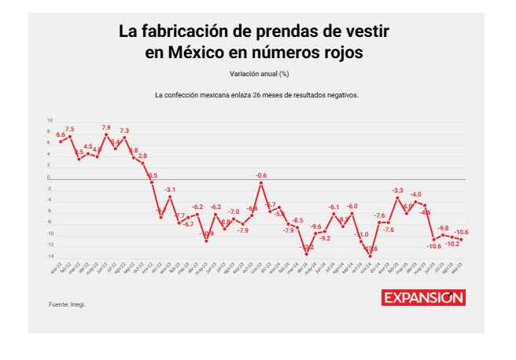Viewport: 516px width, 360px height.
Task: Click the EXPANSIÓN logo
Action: [424, 298]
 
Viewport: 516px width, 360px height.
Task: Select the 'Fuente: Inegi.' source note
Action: [67, 303]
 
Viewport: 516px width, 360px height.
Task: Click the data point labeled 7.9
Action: [106, 134]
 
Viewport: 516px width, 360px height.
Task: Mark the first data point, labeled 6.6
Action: [61, 141]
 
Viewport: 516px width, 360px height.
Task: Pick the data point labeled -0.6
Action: [261, 183]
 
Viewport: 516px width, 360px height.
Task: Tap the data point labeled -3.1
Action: [170, 197]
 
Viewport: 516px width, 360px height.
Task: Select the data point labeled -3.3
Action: [397, 198]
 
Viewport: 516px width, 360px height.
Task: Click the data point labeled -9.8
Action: [443, 234]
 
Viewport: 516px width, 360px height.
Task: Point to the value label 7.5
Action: [70, 129]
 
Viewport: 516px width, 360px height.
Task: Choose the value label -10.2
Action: [451, 244]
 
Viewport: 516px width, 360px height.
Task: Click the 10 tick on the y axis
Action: [50, 121]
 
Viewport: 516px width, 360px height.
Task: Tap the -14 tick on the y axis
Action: [49, 255]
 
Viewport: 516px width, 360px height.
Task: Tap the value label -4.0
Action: [415, 193]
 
